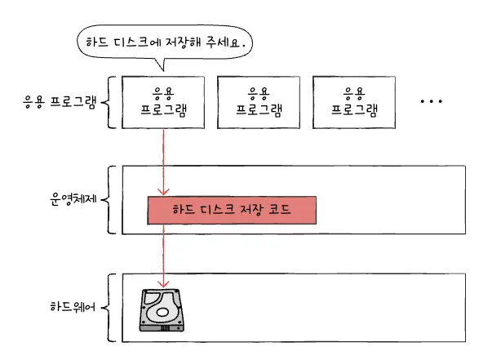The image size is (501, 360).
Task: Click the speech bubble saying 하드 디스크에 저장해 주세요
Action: coord(163,42)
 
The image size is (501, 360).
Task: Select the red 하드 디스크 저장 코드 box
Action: coord(231,210)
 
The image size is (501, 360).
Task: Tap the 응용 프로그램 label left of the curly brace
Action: coord(60,103)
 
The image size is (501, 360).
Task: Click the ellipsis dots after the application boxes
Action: coord(430,102)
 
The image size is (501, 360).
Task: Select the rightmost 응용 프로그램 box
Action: coord(353,102)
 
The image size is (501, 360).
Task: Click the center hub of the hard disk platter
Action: coord(162,311)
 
